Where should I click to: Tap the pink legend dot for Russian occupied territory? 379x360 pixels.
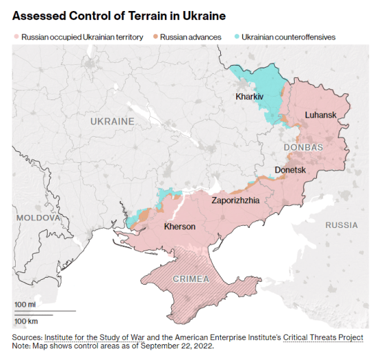(x=16, y=36)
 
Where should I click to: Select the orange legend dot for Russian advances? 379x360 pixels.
(x=155, y=36)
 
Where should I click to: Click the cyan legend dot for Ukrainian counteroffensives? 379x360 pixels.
(x=237, y=36)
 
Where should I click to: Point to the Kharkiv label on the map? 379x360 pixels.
(x=249, y=97)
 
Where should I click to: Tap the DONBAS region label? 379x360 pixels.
(x=303, y=148)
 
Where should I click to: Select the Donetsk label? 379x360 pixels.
(x=290, y=169)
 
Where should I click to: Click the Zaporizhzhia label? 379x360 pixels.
(x=235, y=200)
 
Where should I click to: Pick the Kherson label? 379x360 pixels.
(x=179, y=227)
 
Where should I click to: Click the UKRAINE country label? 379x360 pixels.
(x=112, y=122)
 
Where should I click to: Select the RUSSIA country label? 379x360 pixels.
(x=341, y=225)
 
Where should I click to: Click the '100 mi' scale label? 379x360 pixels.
(x=25, y=305)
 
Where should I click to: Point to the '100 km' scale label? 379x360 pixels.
(x=26, y=321)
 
